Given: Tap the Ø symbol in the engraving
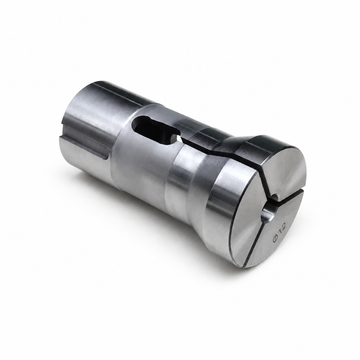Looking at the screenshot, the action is (x=276, y=238).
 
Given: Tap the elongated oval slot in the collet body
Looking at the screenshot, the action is (x=155, y=130).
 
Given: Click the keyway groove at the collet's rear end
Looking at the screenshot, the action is (x=85, y=147).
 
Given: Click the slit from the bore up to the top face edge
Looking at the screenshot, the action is (x=265, y=178).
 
